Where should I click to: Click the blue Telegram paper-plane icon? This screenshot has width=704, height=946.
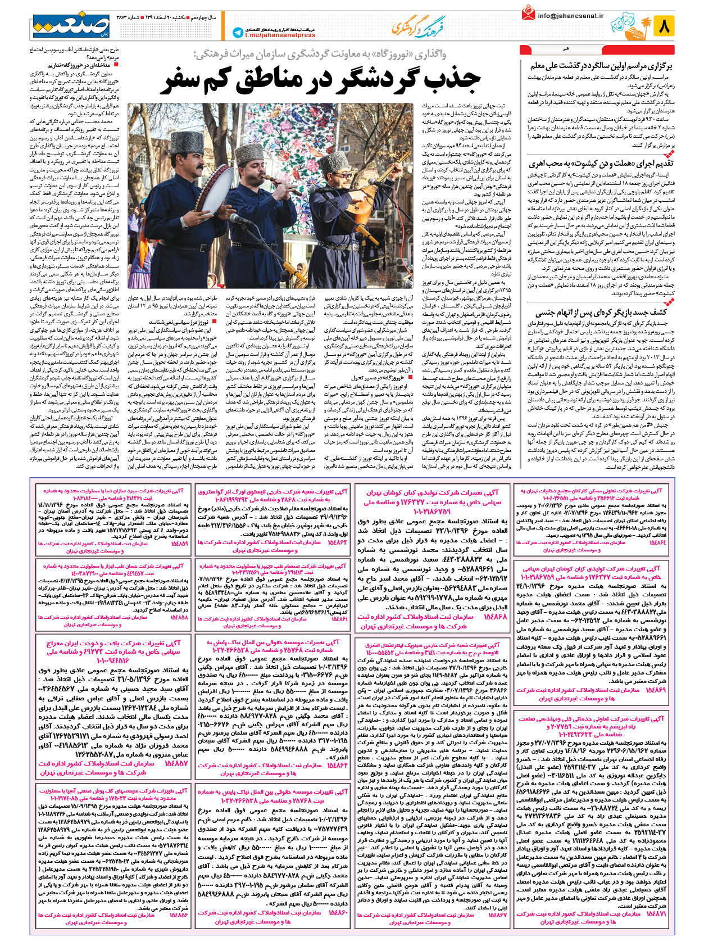[238, 33]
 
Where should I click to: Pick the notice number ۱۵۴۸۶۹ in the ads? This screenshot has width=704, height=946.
[656, 689]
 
